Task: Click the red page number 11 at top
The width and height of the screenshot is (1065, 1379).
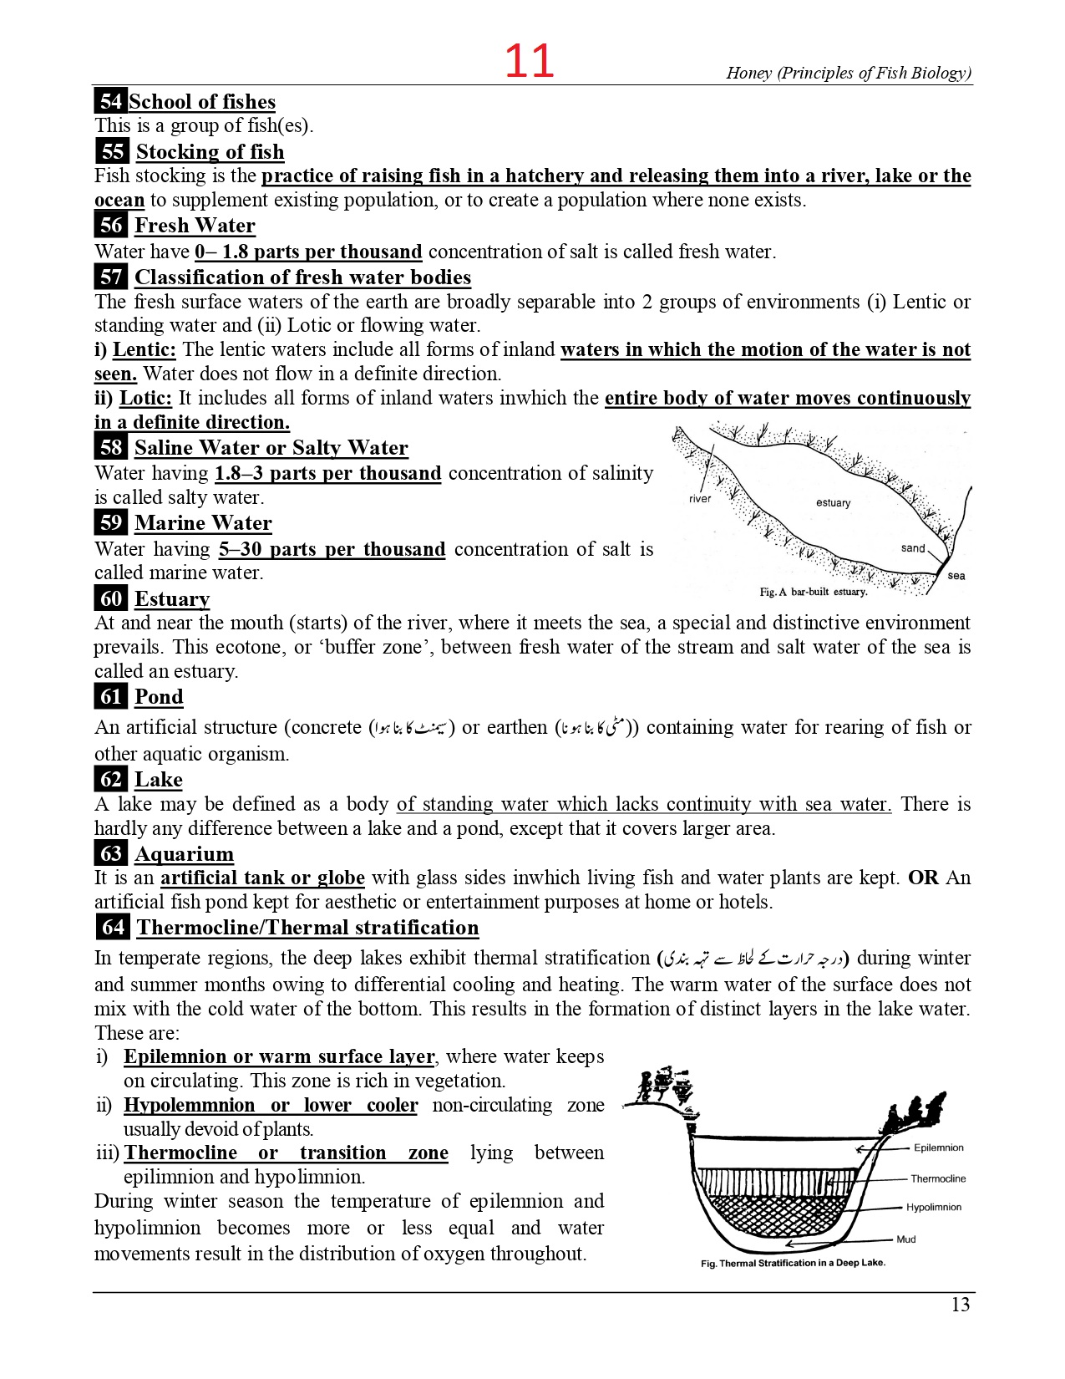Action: (530, 61)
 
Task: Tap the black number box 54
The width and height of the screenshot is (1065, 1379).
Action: (110, 101)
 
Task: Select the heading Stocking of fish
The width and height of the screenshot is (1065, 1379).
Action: (210, 151)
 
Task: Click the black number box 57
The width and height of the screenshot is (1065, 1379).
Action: (111, 277)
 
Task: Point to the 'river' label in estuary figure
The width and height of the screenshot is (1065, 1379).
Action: (700, 499)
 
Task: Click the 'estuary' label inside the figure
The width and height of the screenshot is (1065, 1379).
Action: (833, 503)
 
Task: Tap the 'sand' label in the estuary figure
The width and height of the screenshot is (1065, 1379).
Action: (913, 548)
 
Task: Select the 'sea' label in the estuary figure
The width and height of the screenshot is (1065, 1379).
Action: (956, 576)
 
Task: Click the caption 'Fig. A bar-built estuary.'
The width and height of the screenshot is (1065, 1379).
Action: (813, 592)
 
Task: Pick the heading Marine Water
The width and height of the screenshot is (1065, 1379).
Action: (203, 523)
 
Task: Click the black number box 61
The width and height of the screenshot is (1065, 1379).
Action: (111, 696)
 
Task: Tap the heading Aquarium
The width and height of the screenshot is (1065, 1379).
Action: (184, 853)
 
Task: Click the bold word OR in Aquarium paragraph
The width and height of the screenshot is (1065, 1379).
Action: (923, 878)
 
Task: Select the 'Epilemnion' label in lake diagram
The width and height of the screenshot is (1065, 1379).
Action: (938, 1148)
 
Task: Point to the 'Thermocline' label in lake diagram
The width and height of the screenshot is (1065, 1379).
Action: (938, 1179)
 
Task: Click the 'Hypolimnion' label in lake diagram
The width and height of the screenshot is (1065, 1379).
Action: (934, 1208)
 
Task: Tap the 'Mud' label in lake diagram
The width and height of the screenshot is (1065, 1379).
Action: (906, 1239)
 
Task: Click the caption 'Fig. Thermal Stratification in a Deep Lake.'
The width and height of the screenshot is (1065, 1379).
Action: (793, 1263)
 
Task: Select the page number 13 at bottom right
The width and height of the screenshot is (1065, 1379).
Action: (961, 1305)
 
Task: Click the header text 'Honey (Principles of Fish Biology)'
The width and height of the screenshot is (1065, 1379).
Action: (849, 73)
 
